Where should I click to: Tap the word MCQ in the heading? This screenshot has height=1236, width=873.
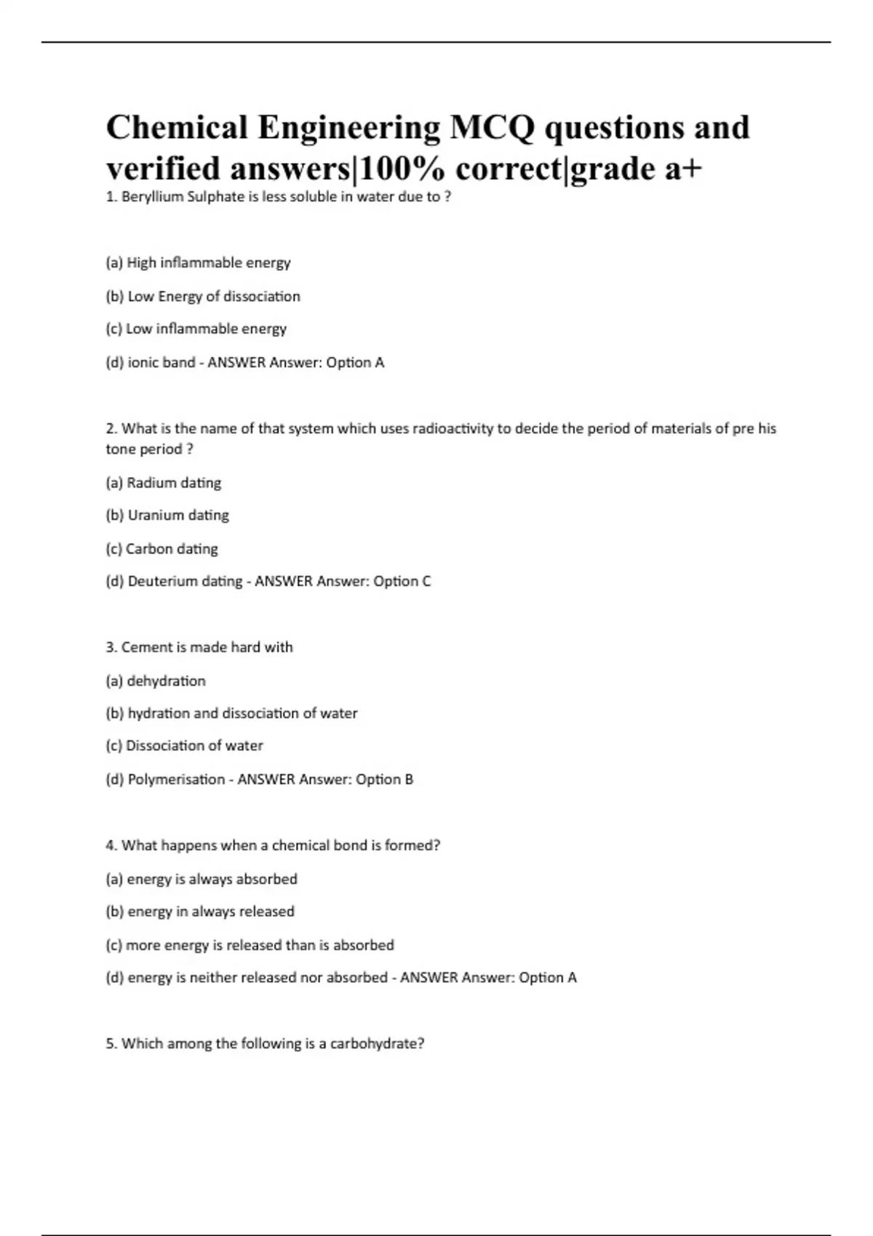tap(491, 128)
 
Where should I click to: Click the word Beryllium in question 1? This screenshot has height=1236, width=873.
tap(153, 197)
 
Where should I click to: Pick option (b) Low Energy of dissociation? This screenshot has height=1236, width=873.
tap(203, 297)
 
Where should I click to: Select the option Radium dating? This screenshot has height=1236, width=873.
tap(164, 483)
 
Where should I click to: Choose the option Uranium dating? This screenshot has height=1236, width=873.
tap(167, 515)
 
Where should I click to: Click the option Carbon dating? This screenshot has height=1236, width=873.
tap(162, 549)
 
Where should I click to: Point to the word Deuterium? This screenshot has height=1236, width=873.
tap(162, 582)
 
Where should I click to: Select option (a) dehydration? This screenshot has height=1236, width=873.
tap(156, 681)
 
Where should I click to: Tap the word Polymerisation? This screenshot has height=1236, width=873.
tap(176, 779)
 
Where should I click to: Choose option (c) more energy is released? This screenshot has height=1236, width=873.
tap(250, 945)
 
